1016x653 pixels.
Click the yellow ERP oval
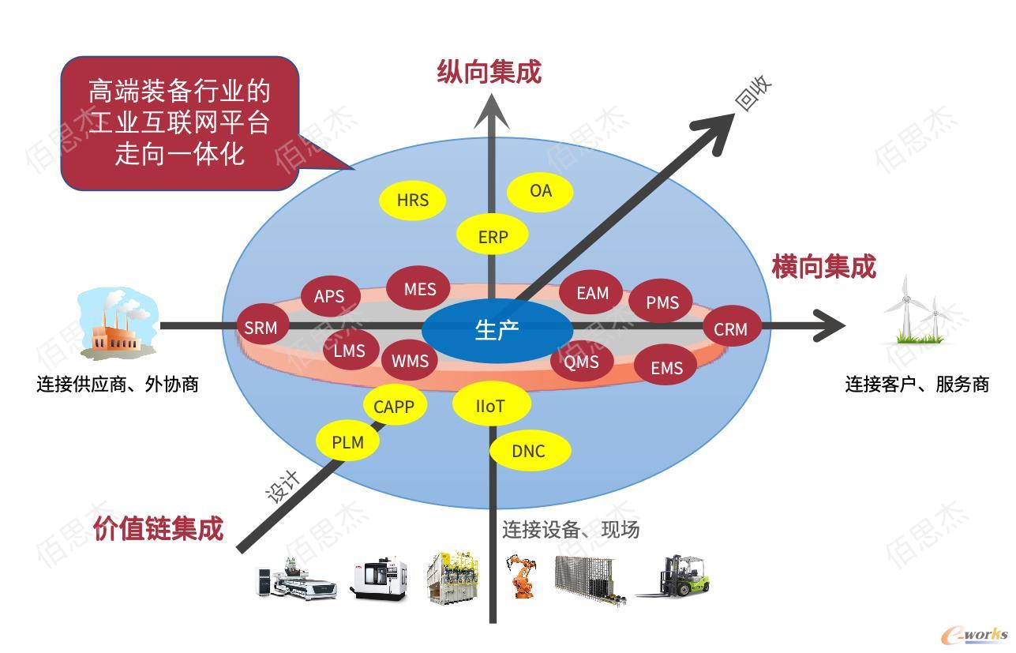492,235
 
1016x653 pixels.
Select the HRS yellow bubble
412,200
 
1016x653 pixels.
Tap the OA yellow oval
540,192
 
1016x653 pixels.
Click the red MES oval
418,288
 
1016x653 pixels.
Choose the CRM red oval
732,326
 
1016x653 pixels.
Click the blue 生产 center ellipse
497,330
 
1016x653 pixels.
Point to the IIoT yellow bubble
492,403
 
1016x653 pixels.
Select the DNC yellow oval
530,450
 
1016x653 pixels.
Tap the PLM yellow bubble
347,441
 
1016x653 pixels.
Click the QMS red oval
582,361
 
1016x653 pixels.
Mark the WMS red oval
410,360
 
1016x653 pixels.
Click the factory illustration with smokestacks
117,323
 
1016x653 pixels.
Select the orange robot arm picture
522,576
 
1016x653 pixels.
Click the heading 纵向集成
489,72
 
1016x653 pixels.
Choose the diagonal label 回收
753,93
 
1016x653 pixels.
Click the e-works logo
974,635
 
